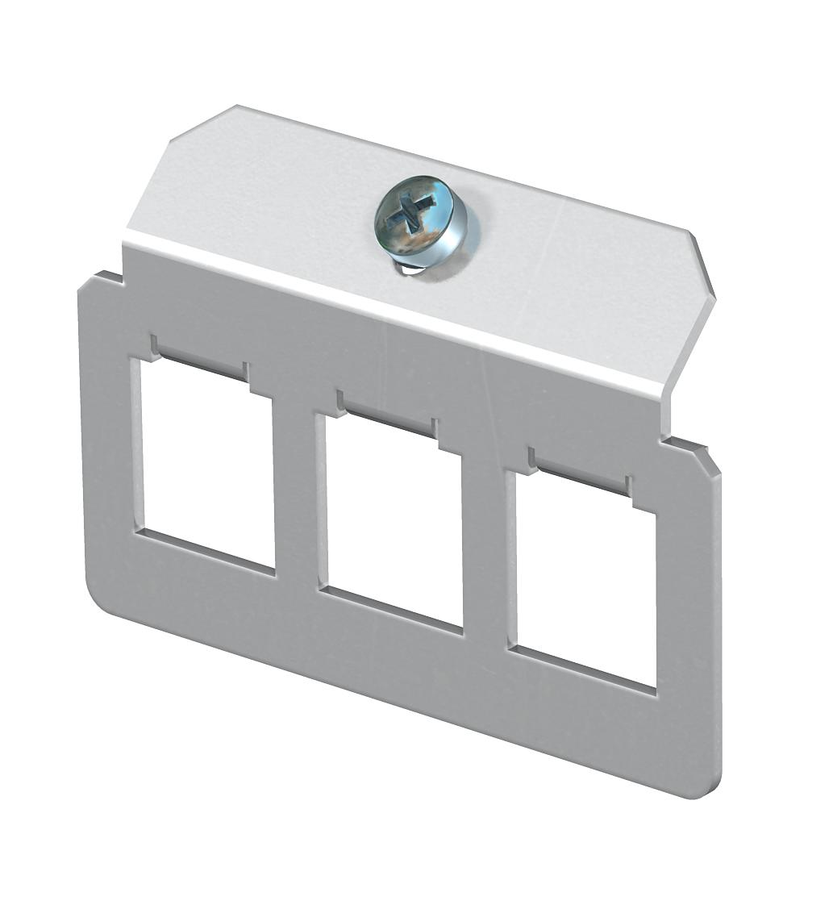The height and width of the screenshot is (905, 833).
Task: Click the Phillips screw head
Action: coord(420,216)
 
